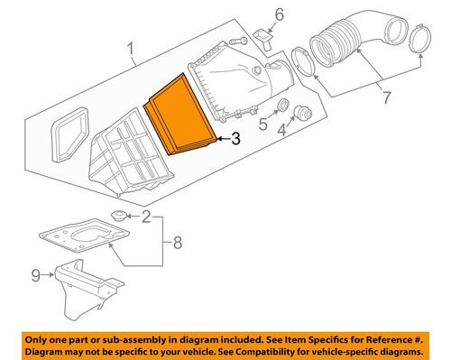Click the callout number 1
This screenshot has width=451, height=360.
pyautogui.click(x=131, y=50)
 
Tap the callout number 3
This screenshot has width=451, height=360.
pyautogui.click(x=236, y=139)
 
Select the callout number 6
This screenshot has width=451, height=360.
pyautogui.click(x=280, y=14)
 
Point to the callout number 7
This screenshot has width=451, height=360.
pyautogui.click(x=386, y=97)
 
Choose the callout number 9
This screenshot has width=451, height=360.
pyautogui.click(x=36, y=275)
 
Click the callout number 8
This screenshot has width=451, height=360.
pyautogui.click(x=178, y=243)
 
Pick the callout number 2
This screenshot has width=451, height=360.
pyautogui.click(x=146, y=217)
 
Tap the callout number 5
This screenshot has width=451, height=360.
pyautogui.click(x=263, y=124)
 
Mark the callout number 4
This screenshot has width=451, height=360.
pyautogui.click(x=281, y=130)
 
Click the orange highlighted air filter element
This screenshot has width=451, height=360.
pyautogui.click(x=179, y=115)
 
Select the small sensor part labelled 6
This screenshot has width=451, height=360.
pyautogui.click(x=262, y=38)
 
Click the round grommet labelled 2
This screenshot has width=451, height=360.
pyautogui.click(x=118, y=216)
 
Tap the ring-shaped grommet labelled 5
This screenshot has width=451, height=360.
pyautogui.click(x=283, y=106)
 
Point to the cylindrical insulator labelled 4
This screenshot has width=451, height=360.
pyautogui.click(x=302, y=113)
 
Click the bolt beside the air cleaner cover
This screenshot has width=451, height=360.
pyautogui.click(x=238, y=41)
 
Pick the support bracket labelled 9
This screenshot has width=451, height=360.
pyautogui.click(x=89, y=288)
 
